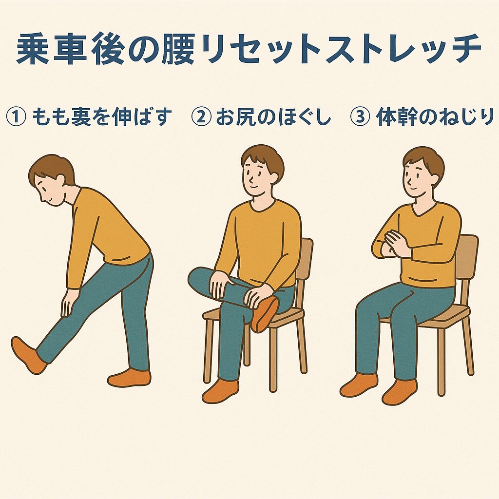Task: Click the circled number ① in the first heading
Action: click(x=16, y=117)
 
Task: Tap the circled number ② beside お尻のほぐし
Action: click(x=201, y=117)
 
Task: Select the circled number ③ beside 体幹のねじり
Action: click(x=360, y=117)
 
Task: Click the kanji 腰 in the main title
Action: click(x=178, y=49)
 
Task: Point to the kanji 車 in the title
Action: click(x=70, y=49)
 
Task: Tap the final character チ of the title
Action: click(x=464, y=49)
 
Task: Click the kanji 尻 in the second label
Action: click(x=244, y=117)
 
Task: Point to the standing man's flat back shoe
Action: click(x=129, y=378)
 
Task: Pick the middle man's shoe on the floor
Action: click(x=220, y=390)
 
